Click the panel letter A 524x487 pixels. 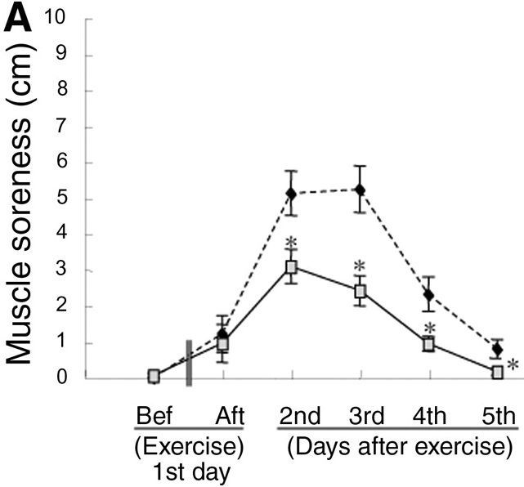[18, 20]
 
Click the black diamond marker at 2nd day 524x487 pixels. [290, 194]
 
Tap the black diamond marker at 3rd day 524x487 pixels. [359, 190]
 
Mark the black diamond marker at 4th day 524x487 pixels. [428, 295]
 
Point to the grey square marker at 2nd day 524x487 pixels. [290, 267]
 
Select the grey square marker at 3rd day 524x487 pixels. [359, 291]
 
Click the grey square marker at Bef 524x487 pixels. [154, 376]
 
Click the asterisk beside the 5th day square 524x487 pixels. [513, 365]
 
